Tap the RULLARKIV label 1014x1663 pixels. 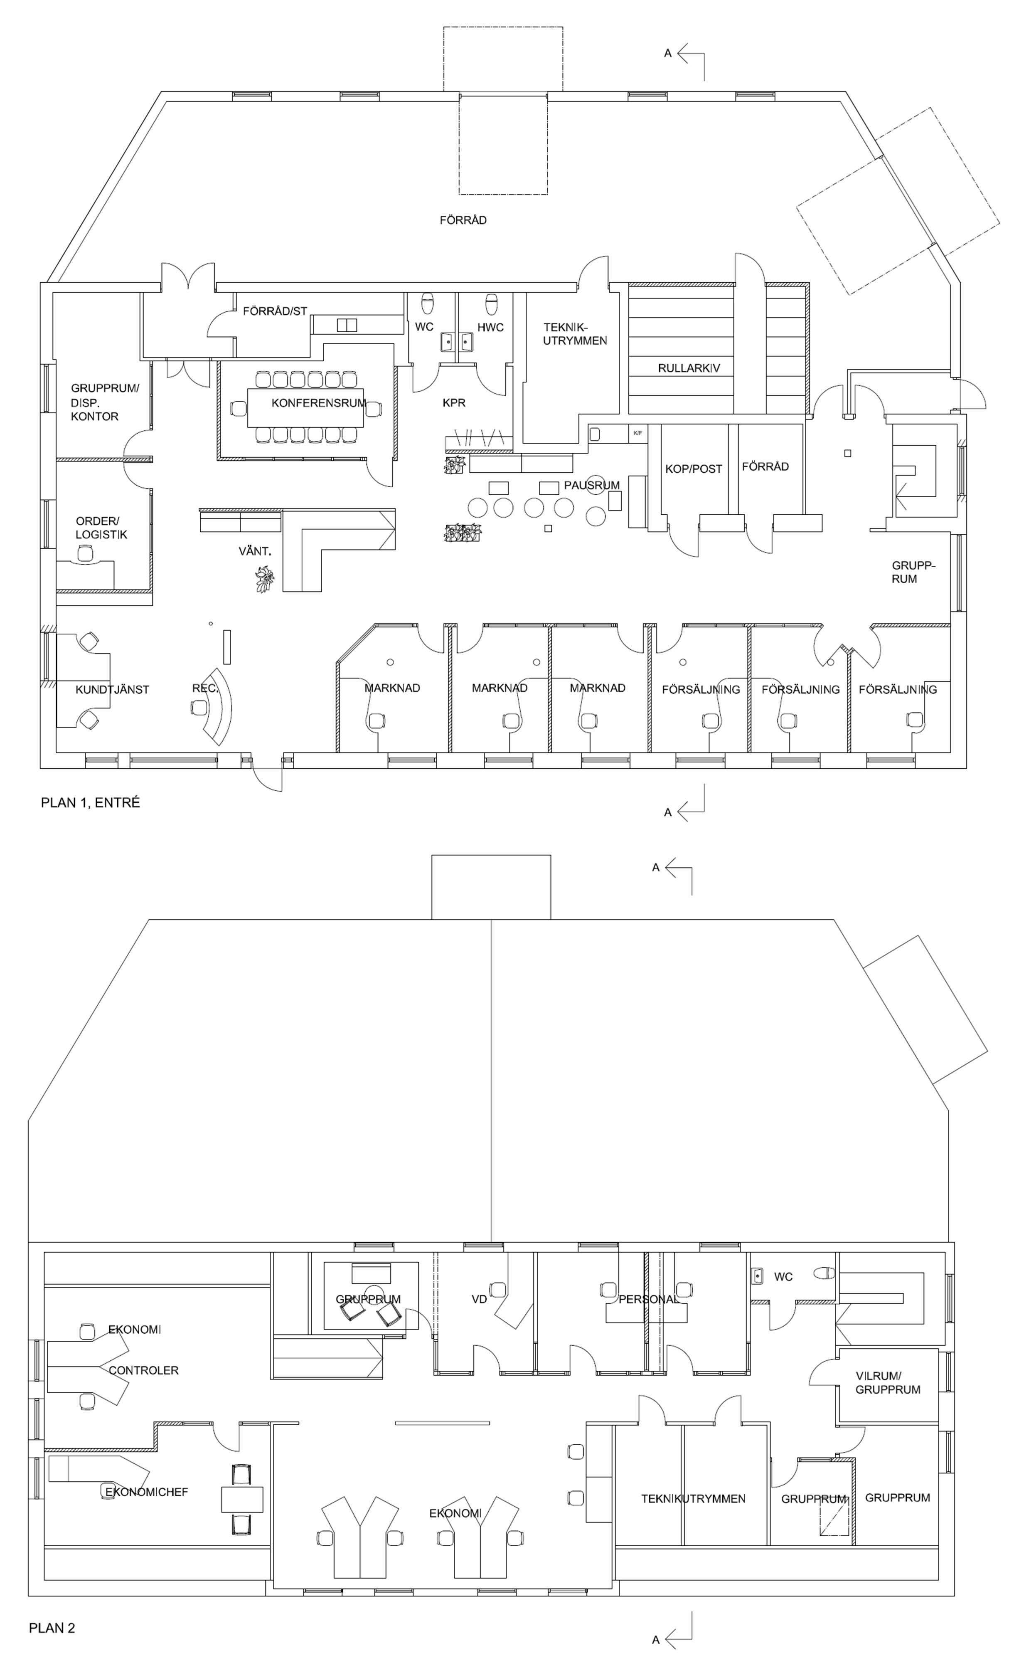(689, 368)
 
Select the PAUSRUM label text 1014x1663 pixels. (592, 485)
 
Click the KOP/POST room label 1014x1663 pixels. (694, 469)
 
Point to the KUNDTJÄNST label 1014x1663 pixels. (112, 690)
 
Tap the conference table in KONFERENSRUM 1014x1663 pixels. (305, 408)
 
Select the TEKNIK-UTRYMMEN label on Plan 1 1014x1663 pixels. (575, 334)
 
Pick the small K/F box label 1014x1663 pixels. (637, 433)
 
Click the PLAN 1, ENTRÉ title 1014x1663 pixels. (91, 802)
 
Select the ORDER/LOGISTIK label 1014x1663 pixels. (101, 528)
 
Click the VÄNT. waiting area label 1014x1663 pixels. (255, 551)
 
